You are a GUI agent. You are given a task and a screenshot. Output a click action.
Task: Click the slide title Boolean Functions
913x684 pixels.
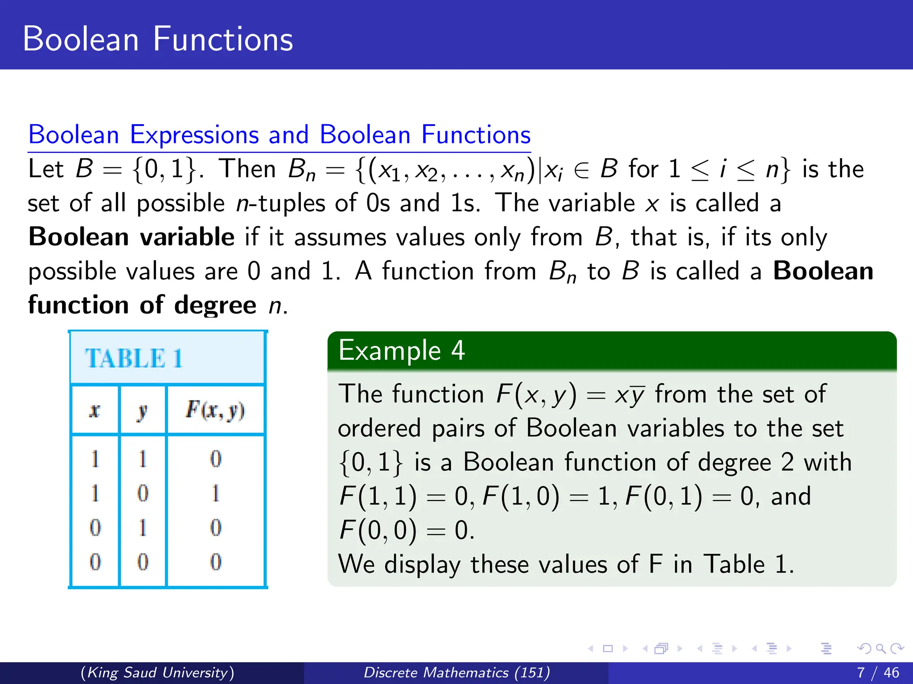pyautogui.click(x=158, y=39)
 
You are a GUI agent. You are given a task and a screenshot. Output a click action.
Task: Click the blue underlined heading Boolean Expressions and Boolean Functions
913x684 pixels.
pyautogui.click(x=279, y=134)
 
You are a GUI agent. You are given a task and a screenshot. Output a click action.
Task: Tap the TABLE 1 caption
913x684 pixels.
pyautogui.click(x=134, y=358)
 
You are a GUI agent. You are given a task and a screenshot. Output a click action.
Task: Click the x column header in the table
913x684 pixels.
pyautogui.click(x=95, y=410)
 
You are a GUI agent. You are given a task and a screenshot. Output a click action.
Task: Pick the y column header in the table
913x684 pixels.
pyautogui.click(x=142, y=411)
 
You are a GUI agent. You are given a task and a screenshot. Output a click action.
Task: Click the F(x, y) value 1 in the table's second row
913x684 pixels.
pyautogui.click(x=216, y=493)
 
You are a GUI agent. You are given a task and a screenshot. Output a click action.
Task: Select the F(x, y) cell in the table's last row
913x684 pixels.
pyautogui.click(x=216, y=562)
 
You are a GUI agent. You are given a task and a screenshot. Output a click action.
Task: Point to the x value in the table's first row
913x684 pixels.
pyautogui.click(x=95, y=459)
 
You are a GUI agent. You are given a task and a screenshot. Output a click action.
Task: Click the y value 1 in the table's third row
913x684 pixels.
pyautogui.click(x=142, y=528)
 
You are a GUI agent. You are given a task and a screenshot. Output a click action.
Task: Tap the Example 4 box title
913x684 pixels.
pyautogui.click(x=402, y=350)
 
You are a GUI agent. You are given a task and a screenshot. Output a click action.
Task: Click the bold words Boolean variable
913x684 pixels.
pyautogui.click(x=132, y=236)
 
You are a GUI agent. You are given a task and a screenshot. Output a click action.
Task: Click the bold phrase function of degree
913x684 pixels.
pyautogui.click(x=142, y=305)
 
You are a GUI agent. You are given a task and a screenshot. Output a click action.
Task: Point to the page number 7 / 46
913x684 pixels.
pyautogui.click(x=878, y=672)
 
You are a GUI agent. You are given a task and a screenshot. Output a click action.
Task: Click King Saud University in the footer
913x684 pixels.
pyautogui.click(x=157, y=672)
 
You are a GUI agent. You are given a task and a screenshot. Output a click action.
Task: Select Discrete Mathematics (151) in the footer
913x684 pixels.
pyautogui.click(x=456, y=672)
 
